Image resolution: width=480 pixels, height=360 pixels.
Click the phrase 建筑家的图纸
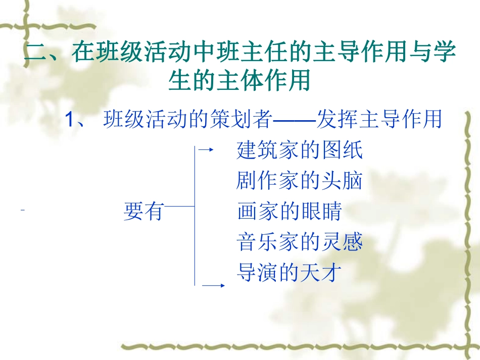coord(300,150)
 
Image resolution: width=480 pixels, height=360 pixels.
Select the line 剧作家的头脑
coord(300,180)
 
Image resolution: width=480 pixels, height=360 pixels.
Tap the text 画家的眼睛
coord(290,211)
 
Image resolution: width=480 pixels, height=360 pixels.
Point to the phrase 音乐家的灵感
coord(300,242)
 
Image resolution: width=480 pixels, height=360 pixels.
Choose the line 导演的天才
coord(290,272)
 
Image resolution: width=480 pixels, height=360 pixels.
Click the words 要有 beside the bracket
coord(143,211)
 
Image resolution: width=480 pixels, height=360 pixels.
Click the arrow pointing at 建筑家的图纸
coord(206,149)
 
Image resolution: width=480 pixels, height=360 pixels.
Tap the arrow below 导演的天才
coord(214,285)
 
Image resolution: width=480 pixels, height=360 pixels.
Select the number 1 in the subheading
coord(70,119)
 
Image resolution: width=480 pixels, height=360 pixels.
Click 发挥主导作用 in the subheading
coord(379,119)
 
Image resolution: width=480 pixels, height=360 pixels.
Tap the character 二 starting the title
coord(36,53)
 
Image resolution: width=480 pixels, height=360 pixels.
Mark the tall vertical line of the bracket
coord(195,216)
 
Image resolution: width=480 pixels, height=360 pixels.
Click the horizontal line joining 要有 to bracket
coord(179,206)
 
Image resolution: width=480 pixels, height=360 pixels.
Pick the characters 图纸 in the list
coord(343,150)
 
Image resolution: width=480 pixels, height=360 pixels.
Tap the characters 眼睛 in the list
coord(321,211)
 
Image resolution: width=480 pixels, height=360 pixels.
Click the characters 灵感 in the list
coord(343,242)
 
